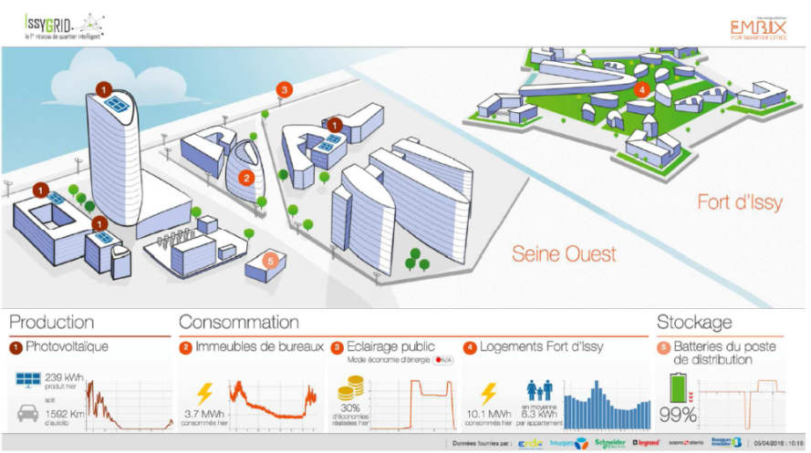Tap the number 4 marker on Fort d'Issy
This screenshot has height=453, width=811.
pyautogui.click(x=641, y=89)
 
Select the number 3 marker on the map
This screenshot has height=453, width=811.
pyautogui.click(x=285, y=89)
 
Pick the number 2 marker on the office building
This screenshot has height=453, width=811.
pyautogui.click(x=245, y=178)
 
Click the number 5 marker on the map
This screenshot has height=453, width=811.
pyautogui.click(x=268, y=260)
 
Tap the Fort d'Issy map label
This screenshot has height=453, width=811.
pyautogui.click(x=739, y=202)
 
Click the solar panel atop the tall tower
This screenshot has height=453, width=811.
pyautogui.click(x=116, y=104)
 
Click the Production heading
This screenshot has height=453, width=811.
pyautogui.click(x=52, y=322)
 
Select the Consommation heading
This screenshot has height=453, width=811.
pyautogui.click(x=239, y=322)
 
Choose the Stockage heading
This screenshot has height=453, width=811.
pyautogui.click(x=694, y=322)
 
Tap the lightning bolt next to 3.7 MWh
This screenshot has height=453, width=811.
pyautogui.click(x=205, y=394)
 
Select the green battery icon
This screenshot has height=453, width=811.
pyautogui.click(x=676, y=388)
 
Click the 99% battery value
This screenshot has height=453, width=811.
pyautogui.click(x=679, y=416)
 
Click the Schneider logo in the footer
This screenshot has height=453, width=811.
pyautogui.click(x=610, y=443)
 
